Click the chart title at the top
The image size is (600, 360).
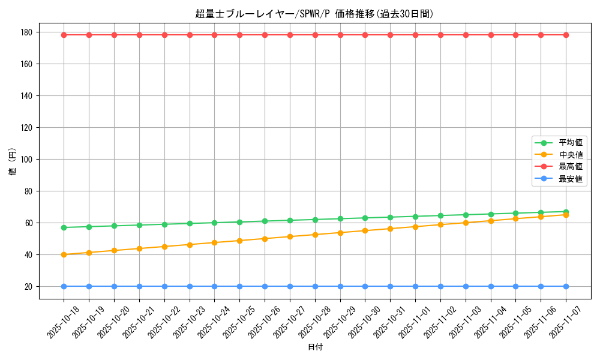coord(314,14)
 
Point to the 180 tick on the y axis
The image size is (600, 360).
coord(27,32)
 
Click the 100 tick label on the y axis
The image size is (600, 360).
coord(27,160)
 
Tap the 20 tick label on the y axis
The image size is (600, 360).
coord(29,287)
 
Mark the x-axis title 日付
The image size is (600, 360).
coord(315,347)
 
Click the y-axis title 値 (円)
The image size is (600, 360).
coord(13,161)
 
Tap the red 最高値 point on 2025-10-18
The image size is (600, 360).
coord(64,35)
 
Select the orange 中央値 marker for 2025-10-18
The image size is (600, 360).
coord(64,254)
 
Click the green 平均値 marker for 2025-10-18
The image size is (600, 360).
coord(64,227)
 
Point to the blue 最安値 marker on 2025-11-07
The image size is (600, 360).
coord(566,286)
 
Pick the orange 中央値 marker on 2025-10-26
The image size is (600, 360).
coord(265,239)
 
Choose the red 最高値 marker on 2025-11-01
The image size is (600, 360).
coord(415,35)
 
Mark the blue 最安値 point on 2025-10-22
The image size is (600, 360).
coord(164,286)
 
